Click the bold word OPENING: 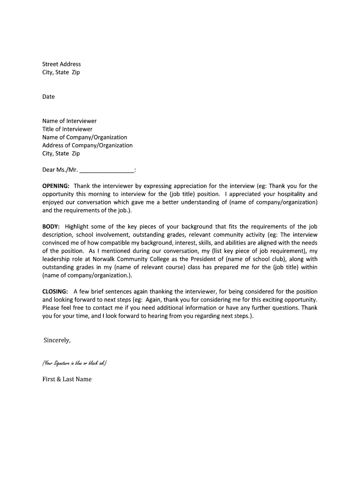click(56, 186)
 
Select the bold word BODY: click(51, 226)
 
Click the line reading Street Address click(61, 64)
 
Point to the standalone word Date click(49, 97)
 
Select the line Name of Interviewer click(69, 121)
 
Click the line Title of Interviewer click(67, 129)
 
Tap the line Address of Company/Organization click(87, 145)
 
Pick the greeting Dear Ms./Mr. click(60, 170)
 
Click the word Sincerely click(57, 340)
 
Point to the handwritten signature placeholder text click(74, 363)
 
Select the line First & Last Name click(67, 379)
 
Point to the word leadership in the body click(56, 259)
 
